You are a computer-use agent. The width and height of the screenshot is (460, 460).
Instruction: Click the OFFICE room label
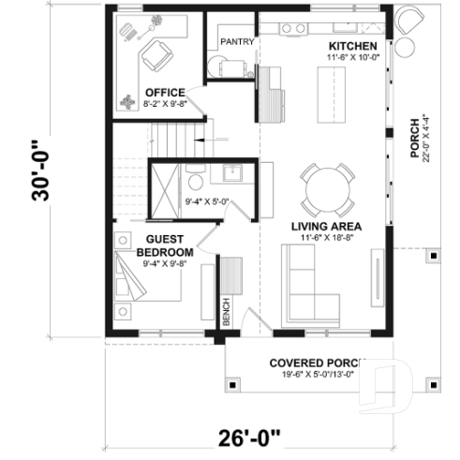coord(164,92)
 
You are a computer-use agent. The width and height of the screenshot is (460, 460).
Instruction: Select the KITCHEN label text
coord(352,46)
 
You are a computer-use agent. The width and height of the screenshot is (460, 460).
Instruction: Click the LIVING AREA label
coord(325,226)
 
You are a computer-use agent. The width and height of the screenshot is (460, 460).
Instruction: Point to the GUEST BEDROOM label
coord(165,246)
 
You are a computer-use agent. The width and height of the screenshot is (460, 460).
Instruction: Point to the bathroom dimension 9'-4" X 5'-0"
coord(208,200)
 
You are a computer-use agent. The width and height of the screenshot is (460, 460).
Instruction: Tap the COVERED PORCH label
coord(313,364)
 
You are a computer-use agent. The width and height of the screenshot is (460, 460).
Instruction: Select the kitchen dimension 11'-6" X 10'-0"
coord(352,58)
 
